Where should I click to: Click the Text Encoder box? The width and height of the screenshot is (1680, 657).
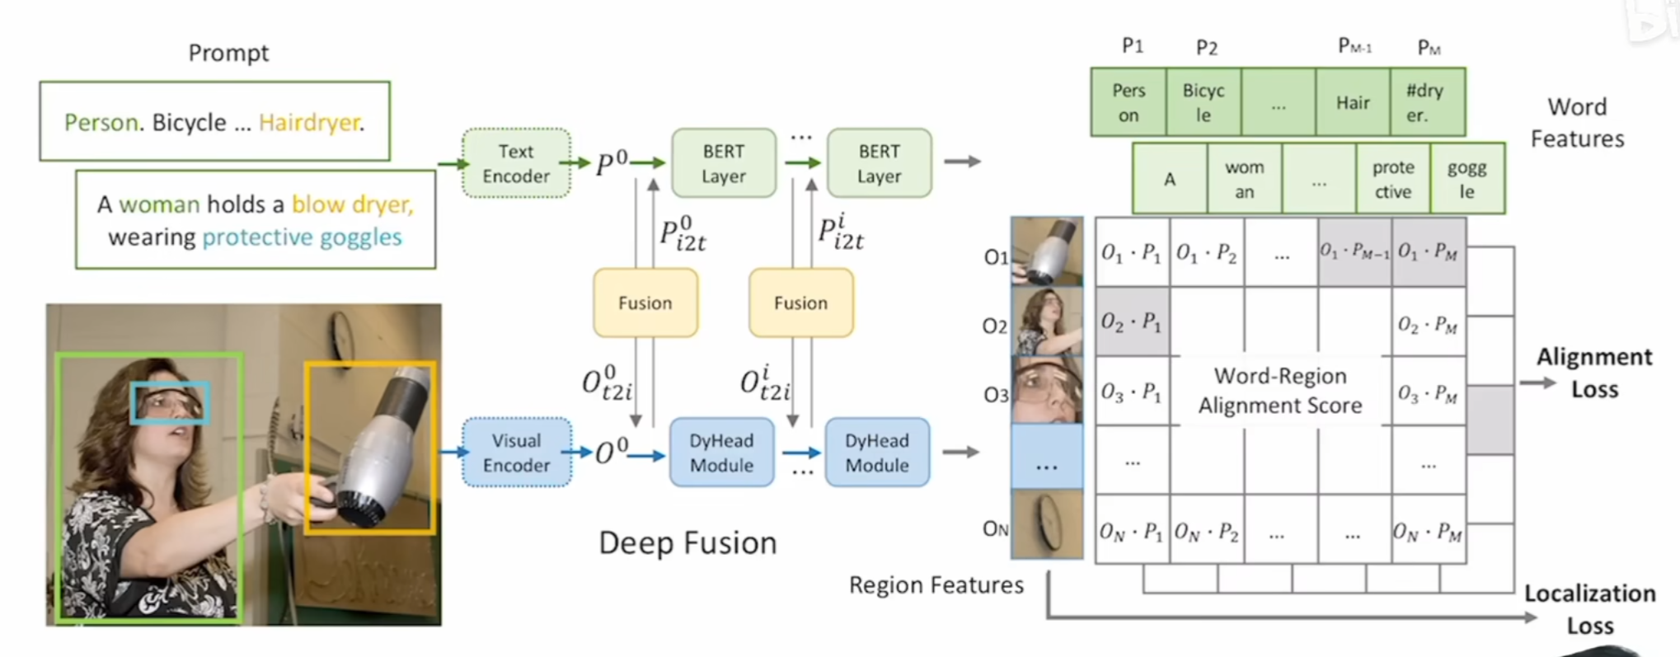click(516, 163)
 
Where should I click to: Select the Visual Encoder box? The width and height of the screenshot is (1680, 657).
click(516, 453)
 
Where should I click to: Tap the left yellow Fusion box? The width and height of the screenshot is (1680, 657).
click(645, 303)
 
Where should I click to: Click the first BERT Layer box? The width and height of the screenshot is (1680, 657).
click(724, 163)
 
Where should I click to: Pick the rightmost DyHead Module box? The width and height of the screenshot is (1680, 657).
click(877, 453)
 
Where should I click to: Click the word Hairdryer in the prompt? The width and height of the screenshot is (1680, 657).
click(311, 123)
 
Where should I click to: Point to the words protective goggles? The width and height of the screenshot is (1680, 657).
click(302, 237)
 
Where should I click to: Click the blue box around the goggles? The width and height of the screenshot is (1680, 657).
click(171, 403)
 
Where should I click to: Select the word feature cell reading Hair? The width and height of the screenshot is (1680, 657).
click(1353, 102)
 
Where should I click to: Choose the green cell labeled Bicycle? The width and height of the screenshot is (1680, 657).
click(1204, 102)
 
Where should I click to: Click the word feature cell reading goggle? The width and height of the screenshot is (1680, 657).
click(1467, 179)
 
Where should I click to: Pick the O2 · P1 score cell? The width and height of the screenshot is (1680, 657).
click(1132, 322)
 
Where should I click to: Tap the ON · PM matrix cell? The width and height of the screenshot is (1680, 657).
click(1429, 531)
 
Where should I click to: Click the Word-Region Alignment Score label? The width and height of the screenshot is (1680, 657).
click(1280, 391)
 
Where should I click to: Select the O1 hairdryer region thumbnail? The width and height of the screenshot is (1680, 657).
click(1047, 251)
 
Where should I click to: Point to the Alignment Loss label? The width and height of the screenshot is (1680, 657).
click(1594, 373)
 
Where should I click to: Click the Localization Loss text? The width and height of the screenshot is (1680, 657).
click(1589, 609)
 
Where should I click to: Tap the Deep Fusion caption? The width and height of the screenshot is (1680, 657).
click(687, 543)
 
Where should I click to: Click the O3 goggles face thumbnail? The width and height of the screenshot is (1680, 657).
click(1047, 390)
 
